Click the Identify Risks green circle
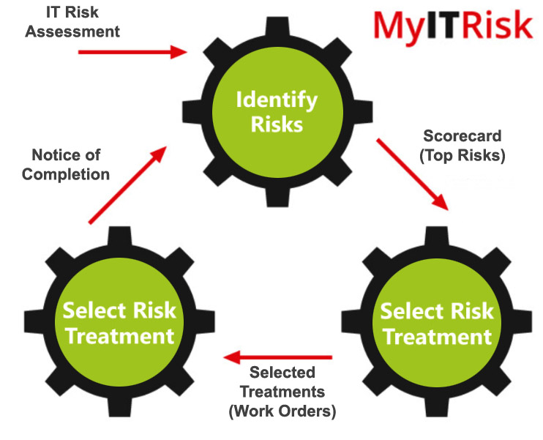click(276, 112)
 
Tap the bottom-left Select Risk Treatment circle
click(119, 322)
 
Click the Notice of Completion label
click(70, 165)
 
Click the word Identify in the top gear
click(276, 100)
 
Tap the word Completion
click(70, 174)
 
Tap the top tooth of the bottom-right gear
click(437, 238)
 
